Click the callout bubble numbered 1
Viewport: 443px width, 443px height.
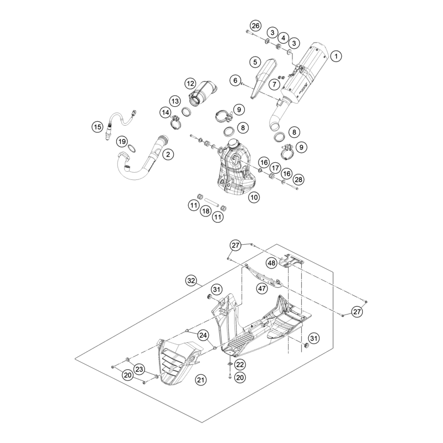pyautogui.click(x=336, y=56)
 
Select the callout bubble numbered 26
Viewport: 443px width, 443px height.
pyautogui.click(x=255, y=26)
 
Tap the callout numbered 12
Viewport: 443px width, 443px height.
pyautogui.click(x=190, y=84)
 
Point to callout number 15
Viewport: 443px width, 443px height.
pyautogui.click(x=97, y=127)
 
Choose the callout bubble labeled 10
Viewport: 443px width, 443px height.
pyautogui.click(x=254, y=197)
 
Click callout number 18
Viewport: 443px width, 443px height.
pyautogui.click(x=205, y=211)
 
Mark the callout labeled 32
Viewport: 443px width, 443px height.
pyautogui.click(x=191, y=281)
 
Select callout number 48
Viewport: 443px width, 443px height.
pyautogui.click(x=271, y=263)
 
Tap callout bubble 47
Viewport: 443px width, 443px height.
pyautogui.click(x=262, y=289)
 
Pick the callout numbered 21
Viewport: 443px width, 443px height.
pyautogui.click(x=200, y=380)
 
